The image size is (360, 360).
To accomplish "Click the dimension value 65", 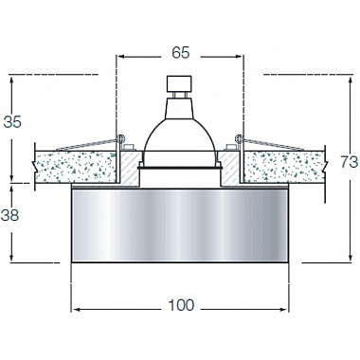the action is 181,52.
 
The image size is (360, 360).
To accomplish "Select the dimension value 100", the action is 181,305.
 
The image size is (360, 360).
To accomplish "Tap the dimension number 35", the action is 12,122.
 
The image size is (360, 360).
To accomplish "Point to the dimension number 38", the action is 10,215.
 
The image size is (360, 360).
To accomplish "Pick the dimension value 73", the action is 350,162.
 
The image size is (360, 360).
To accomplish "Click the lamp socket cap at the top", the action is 179,83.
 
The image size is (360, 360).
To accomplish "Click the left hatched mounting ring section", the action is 129,168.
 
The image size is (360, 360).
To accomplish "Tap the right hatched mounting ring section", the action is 229,168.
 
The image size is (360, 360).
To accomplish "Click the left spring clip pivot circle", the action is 120,138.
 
